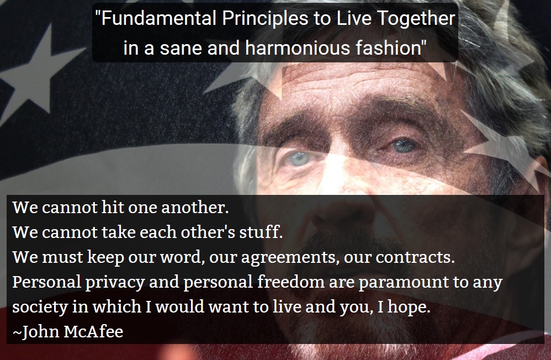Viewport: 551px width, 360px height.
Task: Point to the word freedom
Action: tap(291, 283)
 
